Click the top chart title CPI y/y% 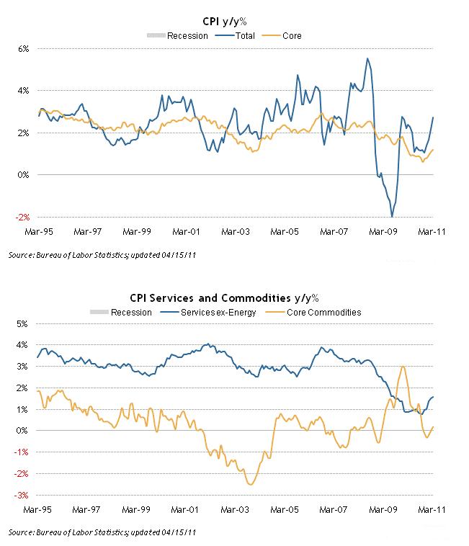pos(234,22)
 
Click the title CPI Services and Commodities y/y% pos(234,299)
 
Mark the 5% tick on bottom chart pos(22,323)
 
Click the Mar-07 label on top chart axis pos(334,232)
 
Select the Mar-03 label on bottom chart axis pos(234,509)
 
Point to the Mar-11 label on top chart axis pos(433,232)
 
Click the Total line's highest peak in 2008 pos(367,58)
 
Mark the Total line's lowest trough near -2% pos(392,216)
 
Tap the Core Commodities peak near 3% pos(402,367)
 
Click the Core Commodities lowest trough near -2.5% pos(250,484)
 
